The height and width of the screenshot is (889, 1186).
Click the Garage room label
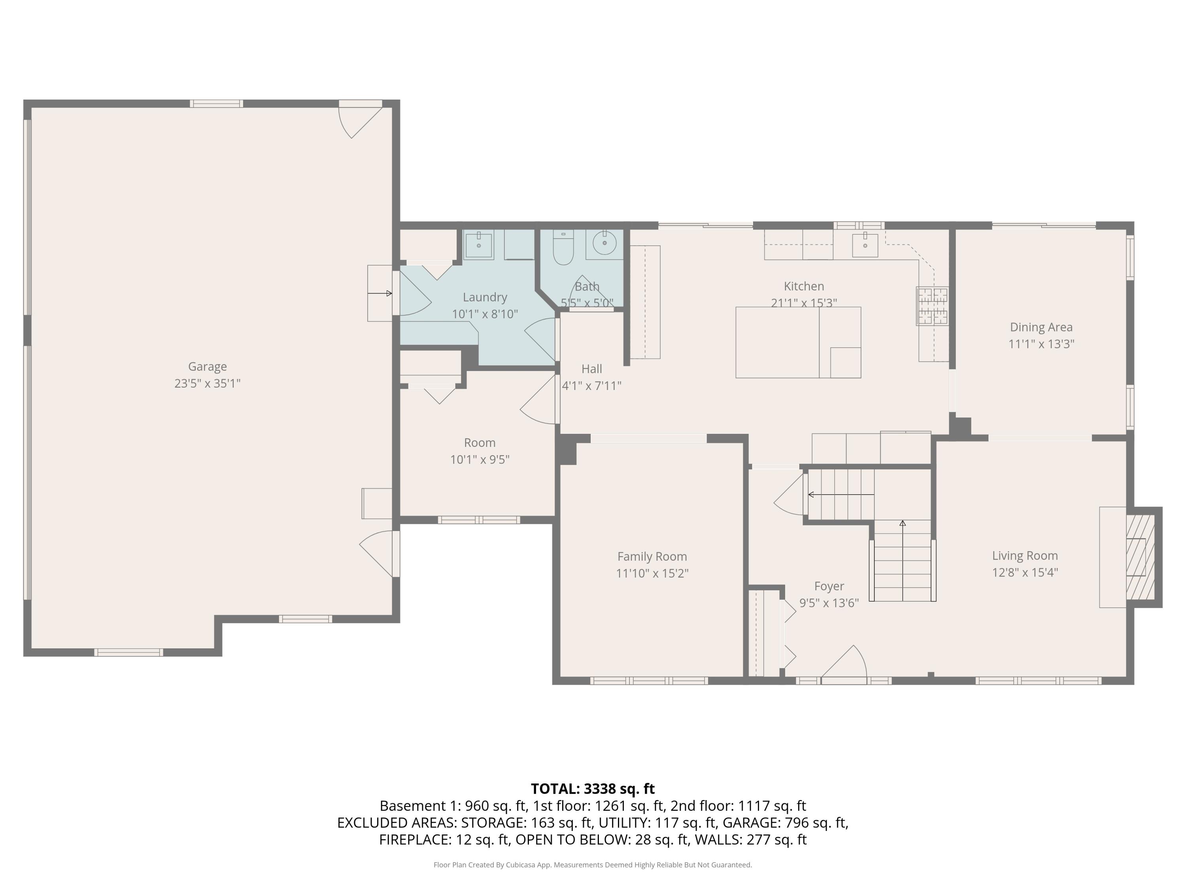(x=207, y=367)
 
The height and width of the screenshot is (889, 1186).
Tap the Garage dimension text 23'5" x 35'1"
(x=207, y=384)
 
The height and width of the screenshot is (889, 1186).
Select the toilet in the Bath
(x=563, y=248)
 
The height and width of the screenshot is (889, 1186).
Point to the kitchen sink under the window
(x=865, y=245)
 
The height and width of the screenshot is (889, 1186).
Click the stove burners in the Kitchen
(x=932, y=306)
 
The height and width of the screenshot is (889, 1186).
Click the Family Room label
(x=652, y=557)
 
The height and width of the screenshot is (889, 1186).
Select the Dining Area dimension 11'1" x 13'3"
(x=1041, y=344)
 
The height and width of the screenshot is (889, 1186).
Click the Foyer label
(x=829, y=586)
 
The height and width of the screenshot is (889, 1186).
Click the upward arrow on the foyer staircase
(x=903, y=524)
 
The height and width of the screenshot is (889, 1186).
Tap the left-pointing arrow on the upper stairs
(x=811, y=495)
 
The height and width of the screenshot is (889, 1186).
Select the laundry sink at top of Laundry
(x=478, y=245)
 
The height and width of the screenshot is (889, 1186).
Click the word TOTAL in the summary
(x=554, y=789)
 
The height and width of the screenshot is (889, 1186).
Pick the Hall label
(x=591, y=369)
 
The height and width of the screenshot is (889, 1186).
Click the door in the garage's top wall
(x=360, y=119)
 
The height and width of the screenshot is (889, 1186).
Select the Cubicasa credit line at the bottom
(x=593, y=865)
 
